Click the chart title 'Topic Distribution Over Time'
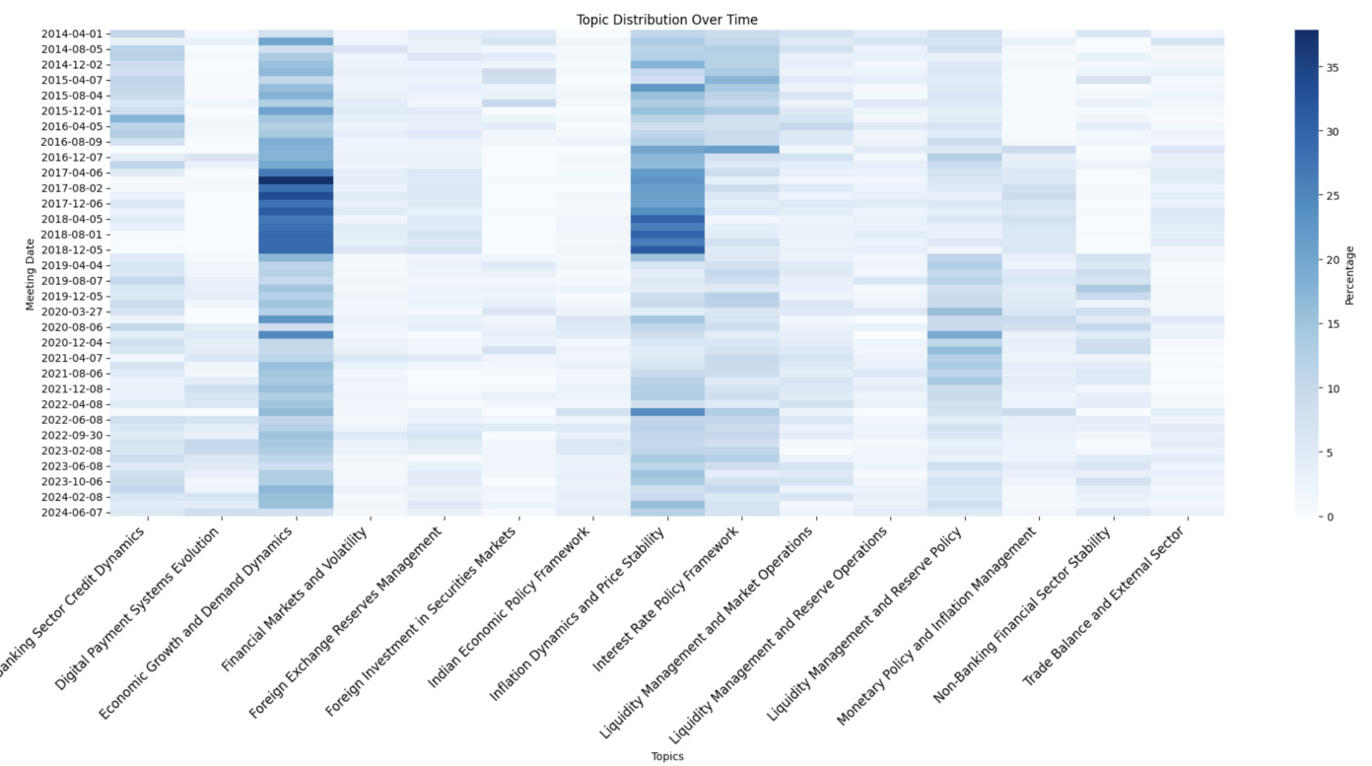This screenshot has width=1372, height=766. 667,20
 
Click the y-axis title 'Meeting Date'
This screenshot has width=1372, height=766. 31,272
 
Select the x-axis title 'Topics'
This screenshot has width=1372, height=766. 667,756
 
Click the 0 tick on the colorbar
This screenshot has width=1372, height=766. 1330,517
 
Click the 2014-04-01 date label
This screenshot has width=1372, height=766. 71,34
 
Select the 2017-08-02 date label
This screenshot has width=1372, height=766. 71,188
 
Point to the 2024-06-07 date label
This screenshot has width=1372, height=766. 71,513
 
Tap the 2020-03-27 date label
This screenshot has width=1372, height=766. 71,312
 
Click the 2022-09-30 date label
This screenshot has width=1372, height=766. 71,435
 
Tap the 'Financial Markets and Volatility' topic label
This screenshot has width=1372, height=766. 296,596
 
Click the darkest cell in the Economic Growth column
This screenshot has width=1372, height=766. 296,180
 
